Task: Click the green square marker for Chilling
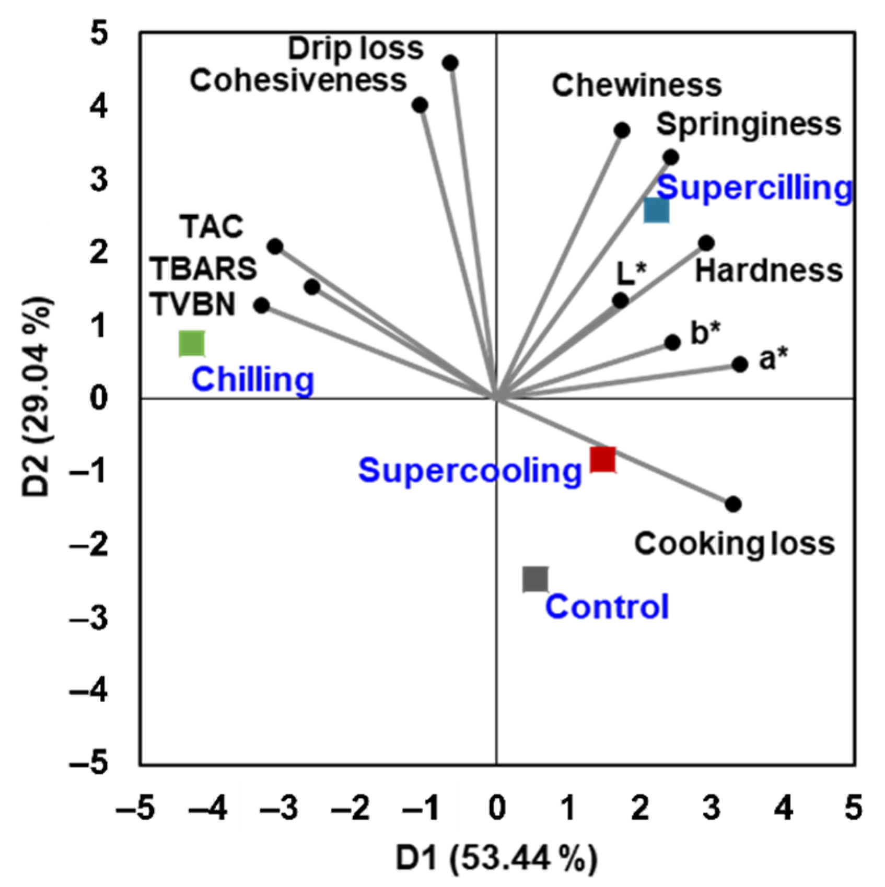(x=192, y=344)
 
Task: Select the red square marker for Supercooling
(x=602, y=460)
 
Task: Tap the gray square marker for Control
(x=535, y=579)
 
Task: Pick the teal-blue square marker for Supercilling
(x=656, y=211)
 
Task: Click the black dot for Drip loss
(x=450, y=63)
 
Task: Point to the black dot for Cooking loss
(x=733, y=504)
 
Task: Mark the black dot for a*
(x=740, y=364)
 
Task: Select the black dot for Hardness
(x=706, y=243)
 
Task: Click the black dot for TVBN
(x=262, y=306)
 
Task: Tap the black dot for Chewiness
(x=622, y=130)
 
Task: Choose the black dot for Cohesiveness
(x=420, y=106)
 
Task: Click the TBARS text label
(x=204, y=269)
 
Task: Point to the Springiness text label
(x=748, y=124)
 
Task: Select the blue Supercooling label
(x=470, y=470)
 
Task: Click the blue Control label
(x=607, y=606)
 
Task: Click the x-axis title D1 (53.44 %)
(x=496, y=858)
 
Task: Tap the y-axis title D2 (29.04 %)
(x=38, y=398)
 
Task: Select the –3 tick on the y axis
(x=89, y=618)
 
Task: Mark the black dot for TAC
(x=275, y=247)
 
